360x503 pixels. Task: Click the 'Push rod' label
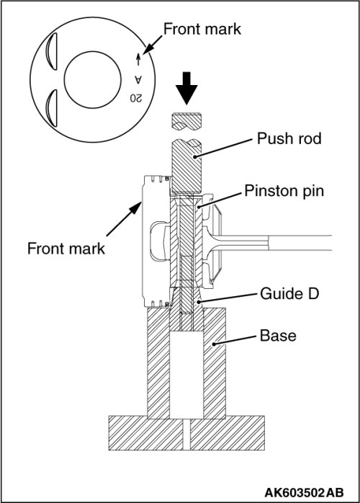pos(289,138)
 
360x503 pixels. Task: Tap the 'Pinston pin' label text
pos(284,190)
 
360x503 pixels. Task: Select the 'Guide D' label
pos(289,293)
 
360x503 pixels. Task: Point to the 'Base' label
pos(278,336)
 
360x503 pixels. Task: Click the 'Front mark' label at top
pos(202,29)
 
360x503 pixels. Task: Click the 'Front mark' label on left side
pos(66,249)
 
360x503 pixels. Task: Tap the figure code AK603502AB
pos(304,492)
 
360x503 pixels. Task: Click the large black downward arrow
pos(186,88)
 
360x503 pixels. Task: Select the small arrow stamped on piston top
pos(138,59)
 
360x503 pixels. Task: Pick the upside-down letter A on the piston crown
pos(138,79)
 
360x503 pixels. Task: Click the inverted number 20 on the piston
pos(135,98)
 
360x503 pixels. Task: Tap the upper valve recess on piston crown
pos(51,51)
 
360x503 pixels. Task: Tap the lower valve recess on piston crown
pos(51,108)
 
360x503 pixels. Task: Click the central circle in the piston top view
pos(93,79)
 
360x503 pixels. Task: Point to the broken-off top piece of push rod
pos(186,122)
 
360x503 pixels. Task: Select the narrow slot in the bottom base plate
pos(186,434)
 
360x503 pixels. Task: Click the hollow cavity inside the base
pos(186,375)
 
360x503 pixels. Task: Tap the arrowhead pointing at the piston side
pos(135,208)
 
